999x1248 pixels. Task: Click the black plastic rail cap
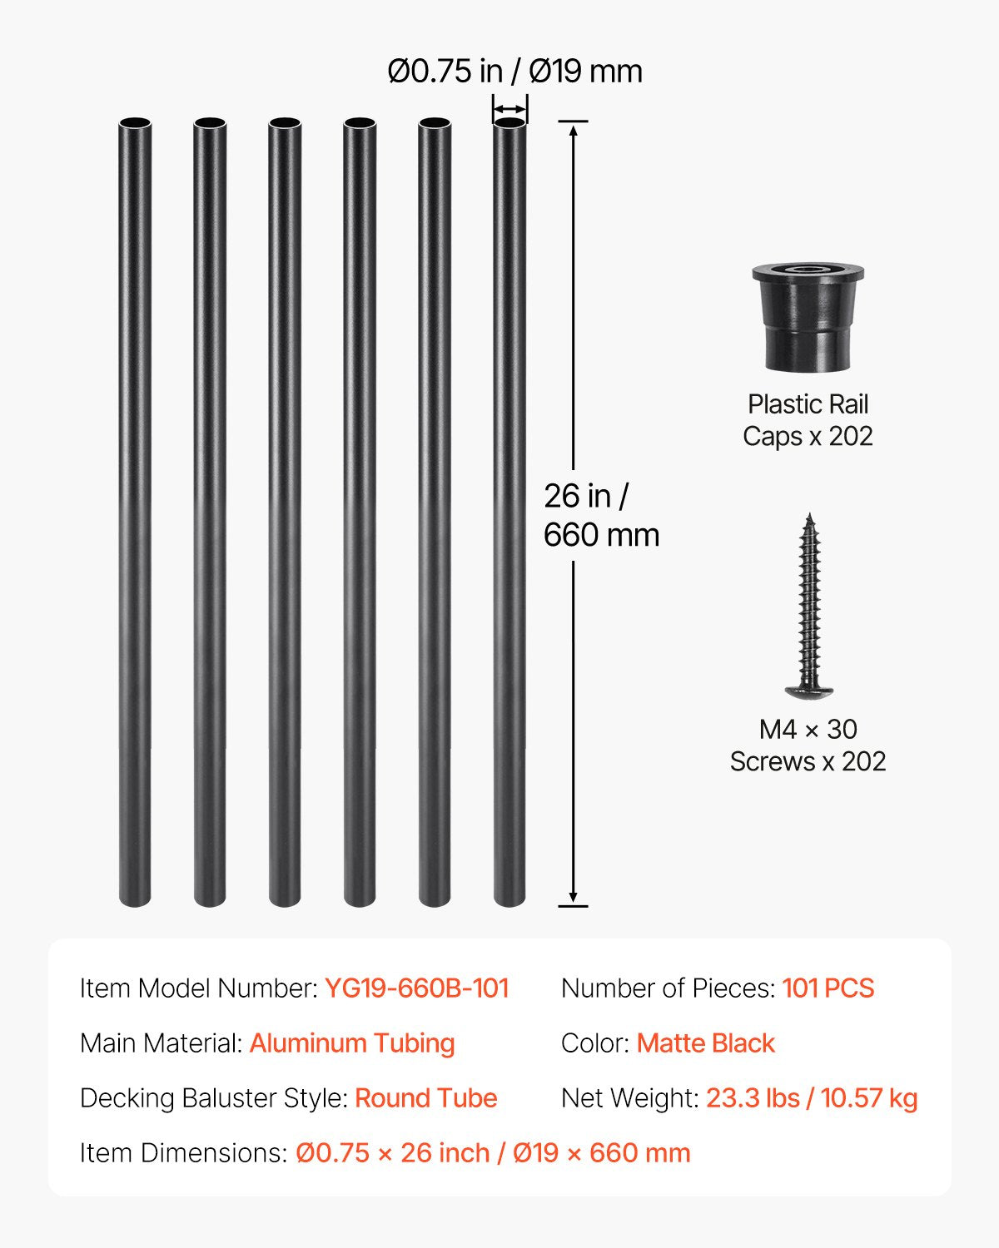tap(808, 318)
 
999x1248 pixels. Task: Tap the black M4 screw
tap(808, 607)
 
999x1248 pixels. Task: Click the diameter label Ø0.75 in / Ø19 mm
tap(514, 72)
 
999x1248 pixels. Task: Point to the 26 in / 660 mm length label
tap(600, 515)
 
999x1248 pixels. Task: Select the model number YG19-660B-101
tap(416, 988)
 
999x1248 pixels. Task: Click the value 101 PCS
tap(828, 988)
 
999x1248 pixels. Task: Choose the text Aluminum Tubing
tap(352, 1043)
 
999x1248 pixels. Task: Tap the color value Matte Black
tap(705, 1043)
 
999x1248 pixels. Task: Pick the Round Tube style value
tap(425, 1098)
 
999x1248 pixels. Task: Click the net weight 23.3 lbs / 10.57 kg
tap(812, 1098)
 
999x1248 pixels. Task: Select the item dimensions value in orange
tap(493, 1153)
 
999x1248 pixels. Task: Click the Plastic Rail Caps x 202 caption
tap(808, 420)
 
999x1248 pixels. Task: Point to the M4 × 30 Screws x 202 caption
tap(808, 745)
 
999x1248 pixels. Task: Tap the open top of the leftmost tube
tap(135, 124)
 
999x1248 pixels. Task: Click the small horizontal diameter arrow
tap(509, 109)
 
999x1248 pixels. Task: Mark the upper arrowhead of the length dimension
tap(573, 127)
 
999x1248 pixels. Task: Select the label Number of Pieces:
tap(668, 988)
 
